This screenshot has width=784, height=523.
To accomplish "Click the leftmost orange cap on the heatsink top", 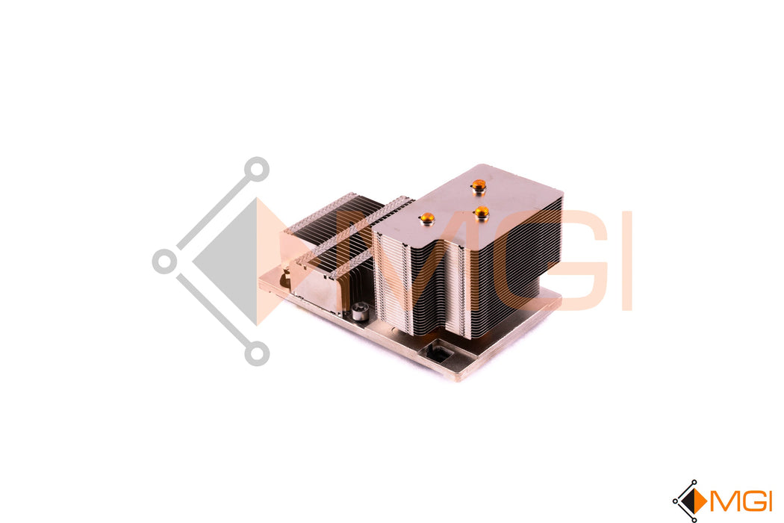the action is point(427,217).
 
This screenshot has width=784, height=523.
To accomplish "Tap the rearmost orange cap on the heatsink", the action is point(479,186).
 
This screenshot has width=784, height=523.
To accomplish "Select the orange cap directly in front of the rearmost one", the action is point(482,212).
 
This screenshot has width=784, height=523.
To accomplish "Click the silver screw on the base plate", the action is point(358,312).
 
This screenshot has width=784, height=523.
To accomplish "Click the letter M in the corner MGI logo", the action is point(721,501).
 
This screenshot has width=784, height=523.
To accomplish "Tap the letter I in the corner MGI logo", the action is point(768,501).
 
